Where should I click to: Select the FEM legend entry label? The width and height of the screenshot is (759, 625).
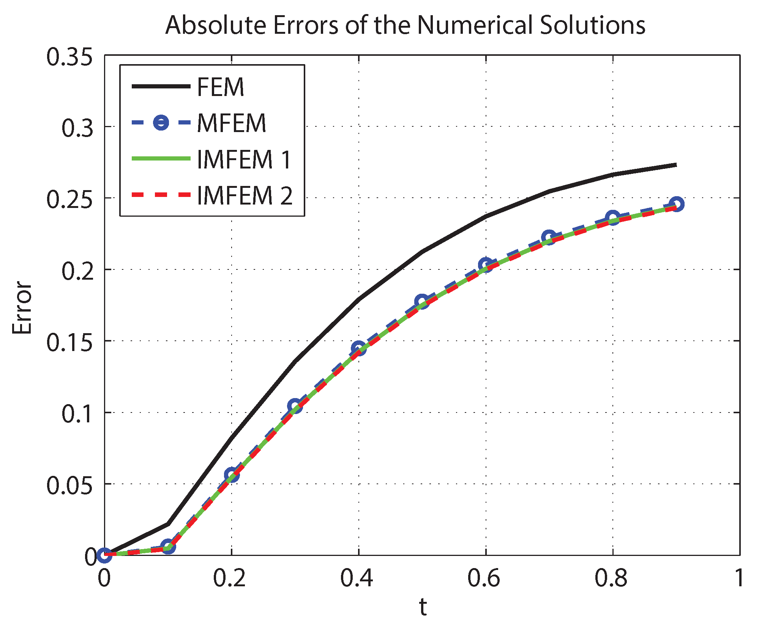coord(220,87)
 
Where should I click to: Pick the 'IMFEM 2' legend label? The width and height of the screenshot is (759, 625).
coord(245,195)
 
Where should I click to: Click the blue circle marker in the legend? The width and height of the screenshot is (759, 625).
coord(161,123)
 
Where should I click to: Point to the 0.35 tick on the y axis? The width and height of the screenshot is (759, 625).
coord(69,58)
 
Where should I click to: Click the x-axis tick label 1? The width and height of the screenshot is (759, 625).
coord(738,578)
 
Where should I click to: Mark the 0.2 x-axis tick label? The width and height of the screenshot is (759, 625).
coord(229,578)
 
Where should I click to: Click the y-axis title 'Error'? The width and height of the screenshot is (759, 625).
coord(22,308)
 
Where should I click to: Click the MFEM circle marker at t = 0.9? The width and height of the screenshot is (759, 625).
coord(676,204)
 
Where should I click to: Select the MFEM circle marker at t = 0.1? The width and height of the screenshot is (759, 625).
coord(168,547)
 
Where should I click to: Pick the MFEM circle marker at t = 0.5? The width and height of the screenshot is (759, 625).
coord(421,302)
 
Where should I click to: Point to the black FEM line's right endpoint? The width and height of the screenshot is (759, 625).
coord(676,165)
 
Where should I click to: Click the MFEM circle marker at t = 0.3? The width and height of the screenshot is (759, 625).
coord(295,406)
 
